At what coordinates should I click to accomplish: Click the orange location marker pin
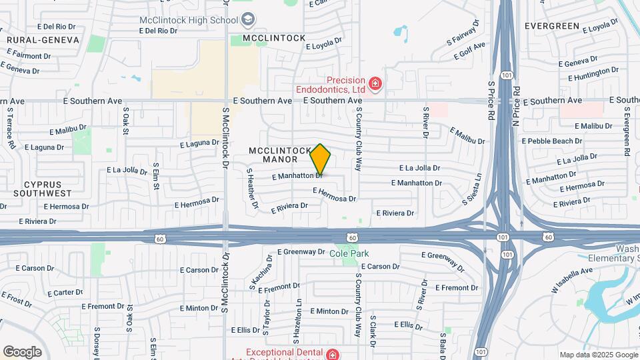point(321,159)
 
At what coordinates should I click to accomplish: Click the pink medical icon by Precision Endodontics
point(376,83)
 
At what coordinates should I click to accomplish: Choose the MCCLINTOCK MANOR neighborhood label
point(279,155)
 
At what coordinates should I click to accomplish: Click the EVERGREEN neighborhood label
point(551,26)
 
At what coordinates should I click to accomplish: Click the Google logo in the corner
point(22,351)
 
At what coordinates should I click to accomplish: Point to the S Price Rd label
point(491,100)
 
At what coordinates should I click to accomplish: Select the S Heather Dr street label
point(252,189)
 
